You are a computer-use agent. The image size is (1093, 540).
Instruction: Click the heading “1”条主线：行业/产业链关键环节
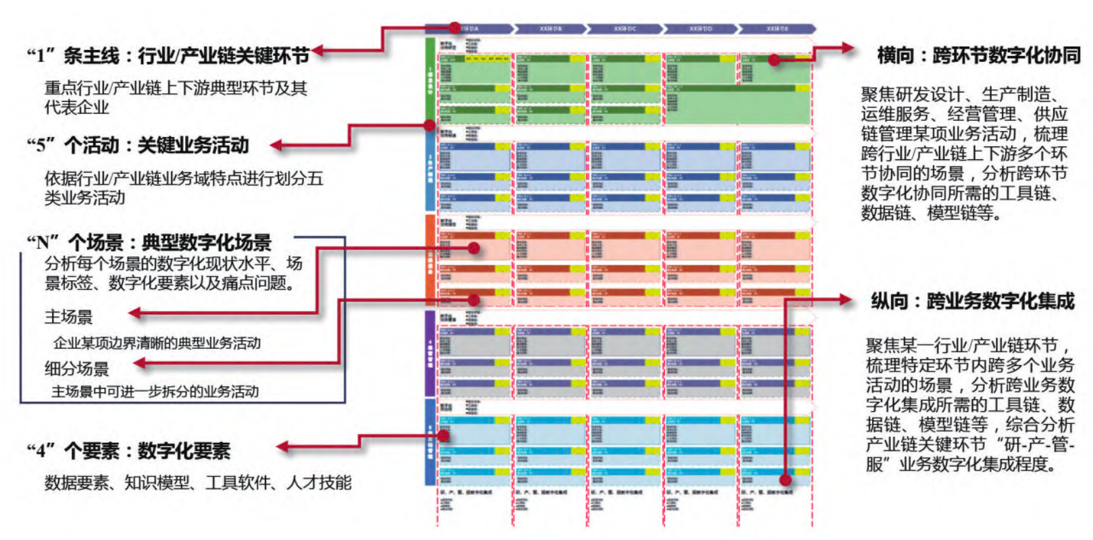(x=168, y=55)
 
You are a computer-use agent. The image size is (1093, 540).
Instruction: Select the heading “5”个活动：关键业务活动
(x=138, y=145)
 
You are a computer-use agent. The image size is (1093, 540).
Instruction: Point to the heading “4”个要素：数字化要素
(x=128, y=450)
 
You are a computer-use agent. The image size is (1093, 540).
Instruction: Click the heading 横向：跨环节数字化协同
(x=978, y=55)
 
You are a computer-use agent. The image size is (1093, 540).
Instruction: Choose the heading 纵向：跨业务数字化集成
(x=972, y=301)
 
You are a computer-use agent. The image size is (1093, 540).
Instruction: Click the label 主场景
(x=69, y=317)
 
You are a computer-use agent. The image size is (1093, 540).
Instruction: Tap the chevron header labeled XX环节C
(x=625, y=29)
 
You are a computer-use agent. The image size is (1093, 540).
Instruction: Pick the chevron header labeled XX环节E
(x=777, y=29)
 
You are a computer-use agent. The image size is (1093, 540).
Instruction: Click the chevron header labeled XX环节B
(x=551, y=29)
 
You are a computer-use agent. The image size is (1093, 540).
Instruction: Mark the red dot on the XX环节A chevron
(x=455, y=28)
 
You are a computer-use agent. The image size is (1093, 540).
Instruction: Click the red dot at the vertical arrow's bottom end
(x=785, y=480)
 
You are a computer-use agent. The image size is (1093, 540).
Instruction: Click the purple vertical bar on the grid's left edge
(x=430, y=352)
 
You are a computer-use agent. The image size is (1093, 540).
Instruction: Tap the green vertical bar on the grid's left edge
(x=430, y=81)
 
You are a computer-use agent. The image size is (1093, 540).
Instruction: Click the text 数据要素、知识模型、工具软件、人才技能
(x=198, y=483)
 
